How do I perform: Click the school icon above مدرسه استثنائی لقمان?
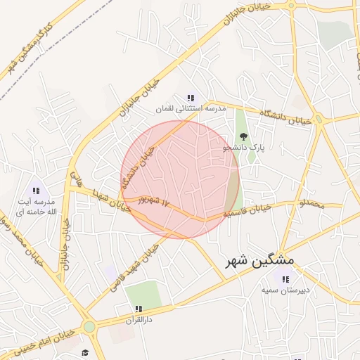click(191, 98)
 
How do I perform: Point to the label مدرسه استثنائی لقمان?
click(191, 110)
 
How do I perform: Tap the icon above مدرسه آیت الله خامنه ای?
click(36, 190)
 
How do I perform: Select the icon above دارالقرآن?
click(139, 309)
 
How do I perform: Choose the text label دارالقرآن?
click(139, 319)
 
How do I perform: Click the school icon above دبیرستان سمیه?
click(285, 279)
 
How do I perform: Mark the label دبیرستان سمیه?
click(285, 290)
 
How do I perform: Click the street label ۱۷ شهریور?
click(155, 200)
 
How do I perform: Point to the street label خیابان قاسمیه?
click(247, 210)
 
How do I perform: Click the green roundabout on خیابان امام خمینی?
click(89, 326)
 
